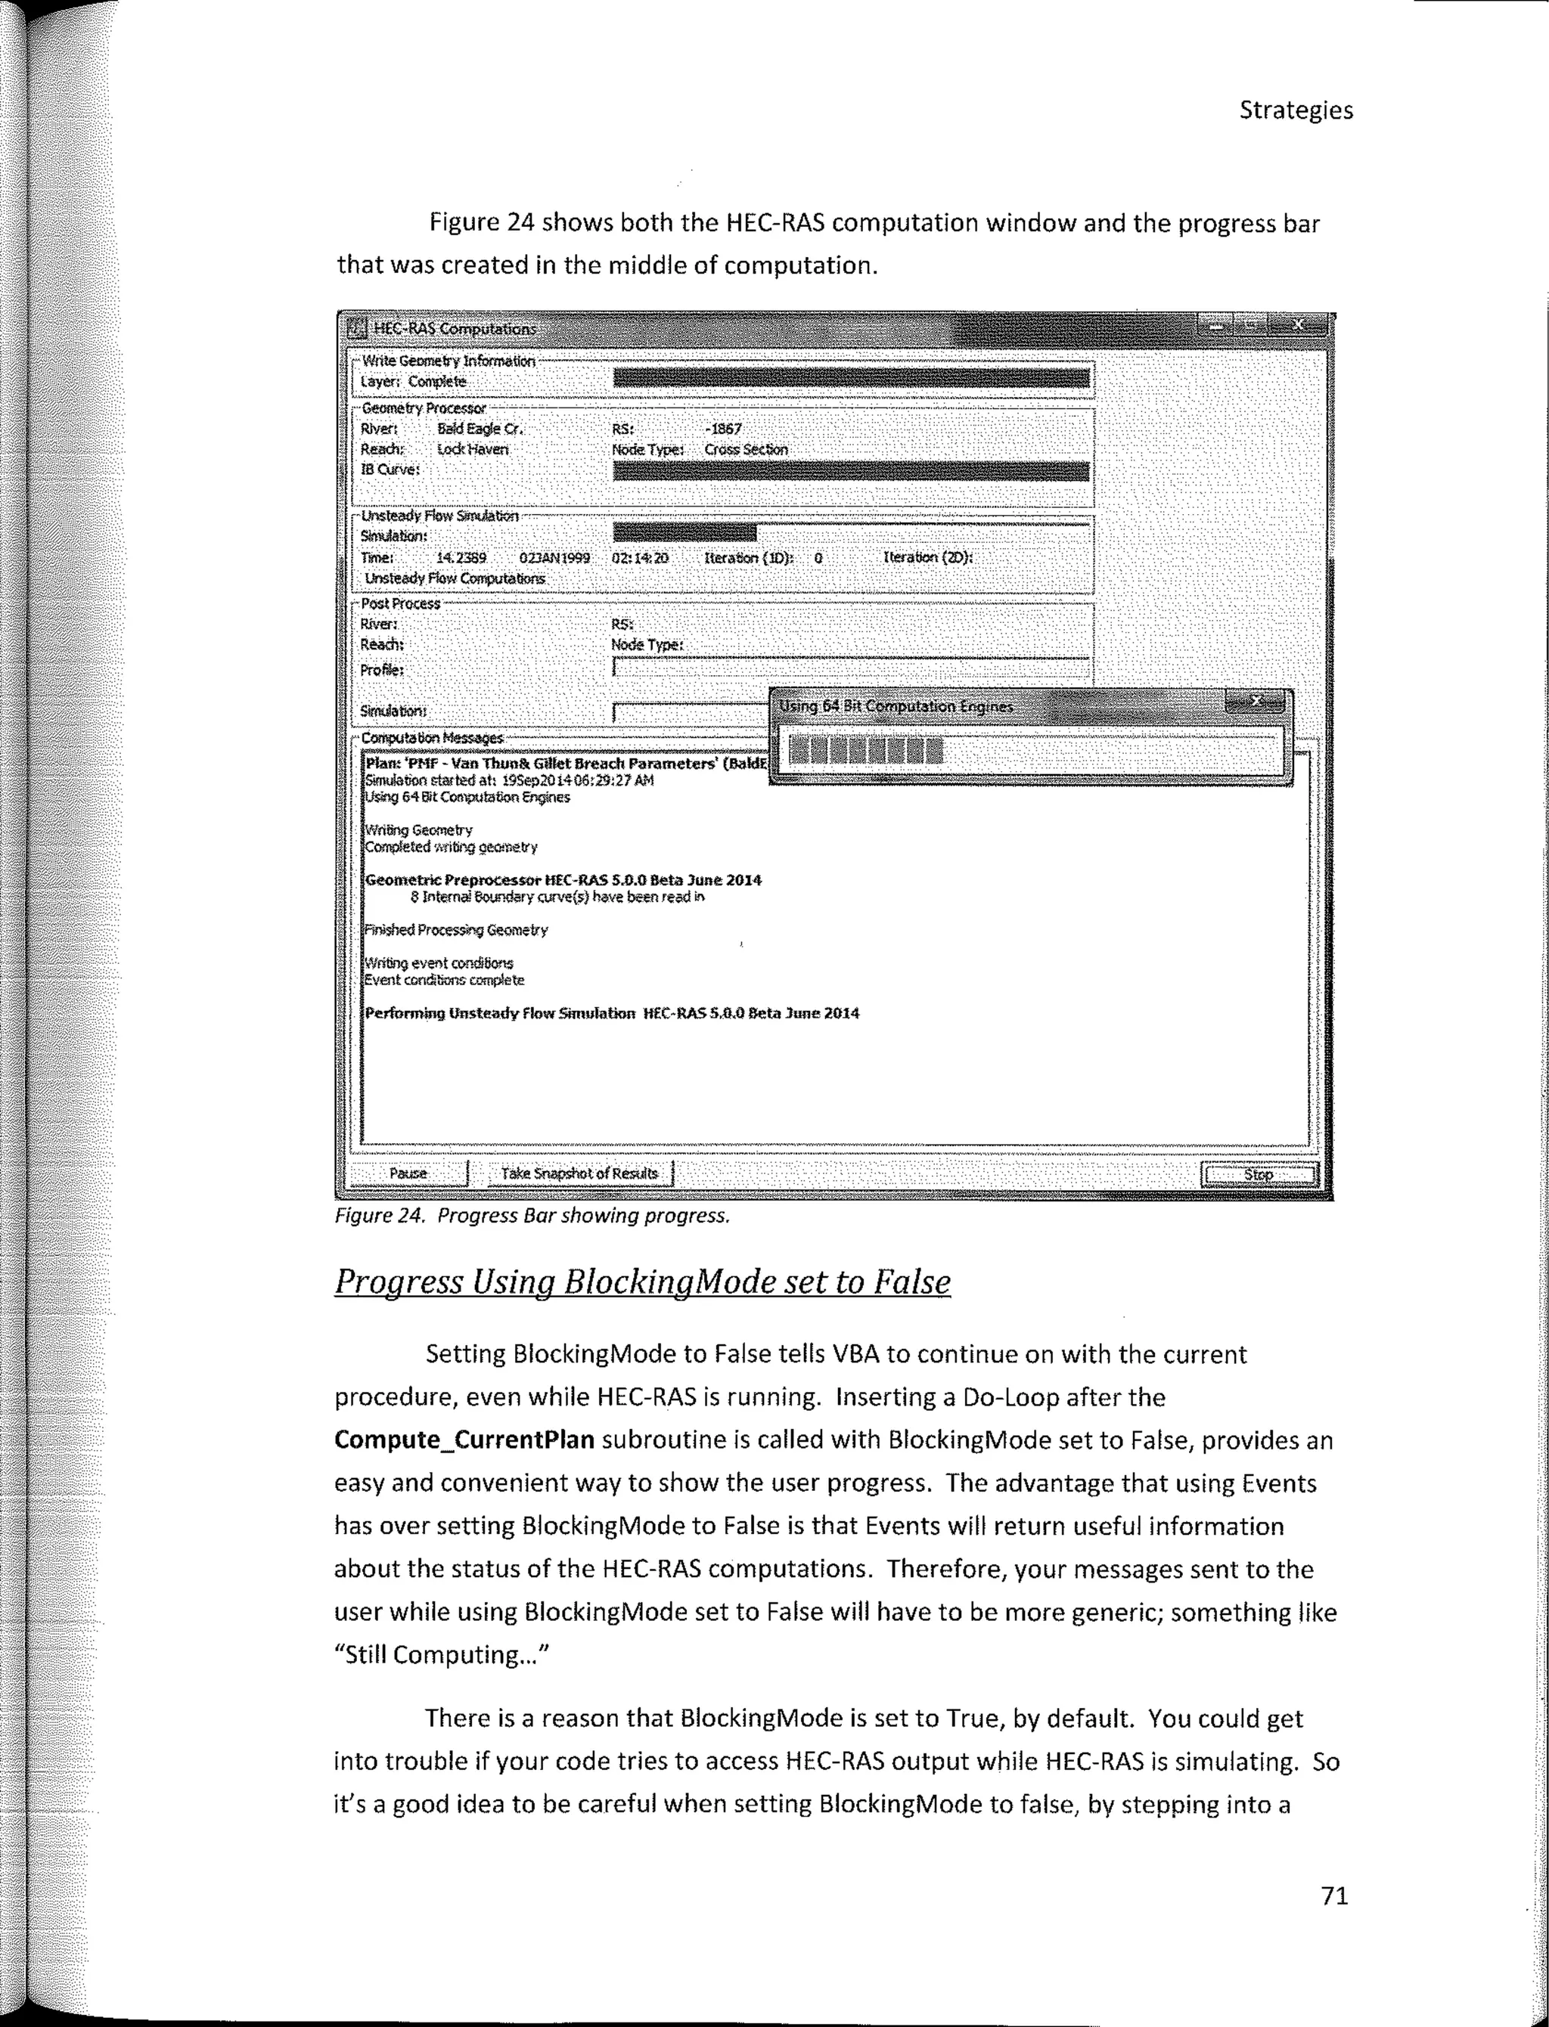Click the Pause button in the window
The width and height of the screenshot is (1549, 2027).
point(408,1173)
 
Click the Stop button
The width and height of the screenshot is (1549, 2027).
point(1259,1174)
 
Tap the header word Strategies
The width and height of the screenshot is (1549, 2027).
point(1296,110)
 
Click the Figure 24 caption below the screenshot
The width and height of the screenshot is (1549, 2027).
point(532,1216)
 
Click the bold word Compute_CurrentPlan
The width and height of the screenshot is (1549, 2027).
point(464,1440)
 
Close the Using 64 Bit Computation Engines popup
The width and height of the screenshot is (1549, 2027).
point(1255,702)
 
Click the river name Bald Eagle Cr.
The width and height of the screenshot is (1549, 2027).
point(480,429)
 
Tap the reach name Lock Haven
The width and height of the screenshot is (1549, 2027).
point(472,449)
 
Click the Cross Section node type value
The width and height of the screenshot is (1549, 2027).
point(745,450)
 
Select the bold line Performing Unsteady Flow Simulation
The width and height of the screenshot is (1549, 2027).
point(501,1013)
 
